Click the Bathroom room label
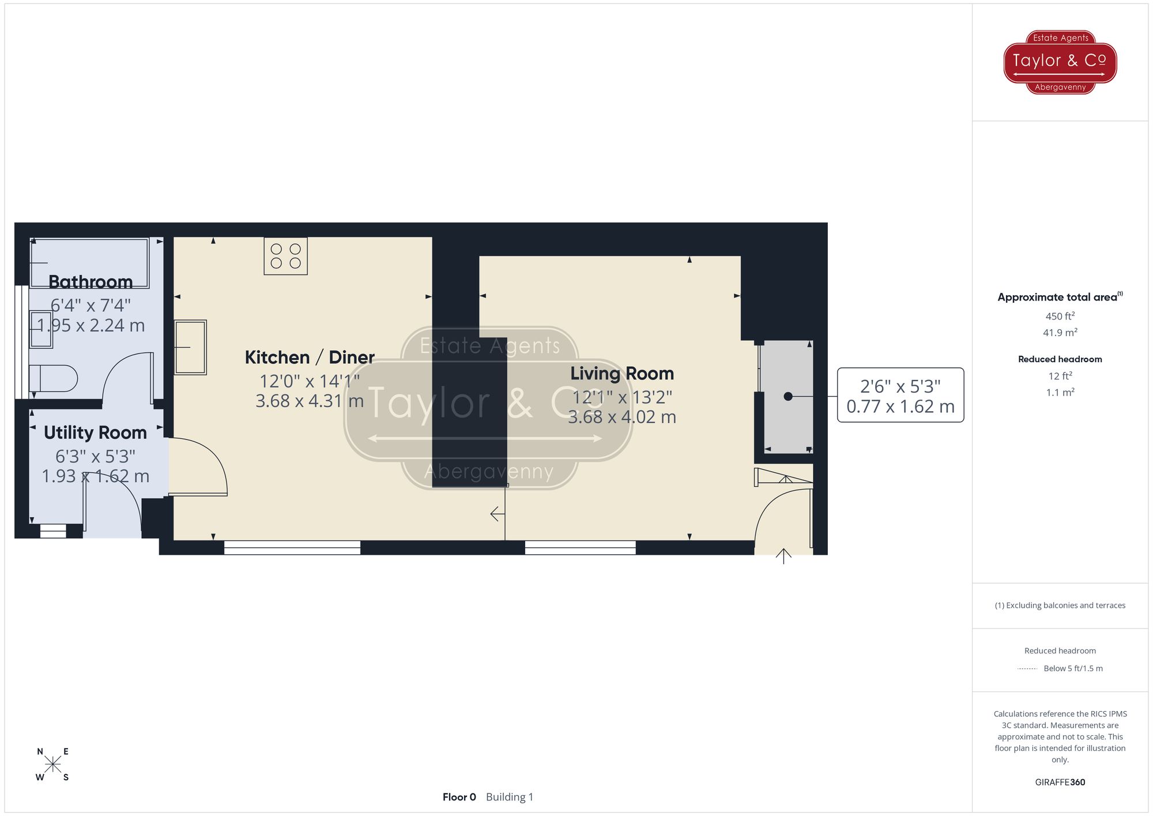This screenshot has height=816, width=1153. tap(91, 282)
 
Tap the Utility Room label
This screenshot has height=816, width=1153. tap(95, 433)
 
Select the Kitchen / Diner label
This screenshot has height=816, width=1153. tap(310, 358)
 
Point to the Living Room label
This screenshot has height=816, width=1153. tap(622, 374)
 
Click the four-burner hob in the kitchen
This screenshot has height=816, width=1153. tap(285, 256)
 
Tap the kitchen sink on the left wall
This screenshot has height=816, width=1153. tap(190, 347)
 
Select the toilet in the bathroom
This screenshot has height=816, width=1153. tap(54, 378)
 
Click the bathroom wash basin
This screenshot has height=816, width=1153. tap(41, 329)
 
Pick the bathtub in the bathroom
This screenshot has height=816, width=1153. tap(90, 262)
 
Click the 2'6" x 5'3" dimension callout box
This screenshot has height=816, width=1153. tap(900, 396)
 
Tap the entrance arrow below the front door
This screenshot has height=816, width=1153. tap(783, 556)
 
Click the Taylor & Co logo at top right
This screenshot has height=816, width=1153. tap(1060, 62)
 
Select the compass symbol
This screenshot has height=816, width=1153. tap(52, 765)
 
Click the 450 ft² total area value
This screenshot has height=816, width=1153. tap(1060, 316)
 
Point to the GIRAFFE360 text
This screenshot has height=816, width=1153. tap(1060, 782)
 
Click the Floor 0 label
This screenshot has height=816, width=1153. tap(459, 797)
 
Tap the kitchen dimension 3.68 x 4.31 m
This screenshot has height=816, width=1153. tap(310, 401)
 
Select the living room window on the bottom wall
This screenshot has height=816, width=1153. tap(580, 547)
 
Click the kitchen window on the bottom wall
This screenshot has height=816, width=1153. tap(292, 547)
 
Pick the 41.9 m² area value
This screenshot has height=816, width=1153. tap(1060, 333)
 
